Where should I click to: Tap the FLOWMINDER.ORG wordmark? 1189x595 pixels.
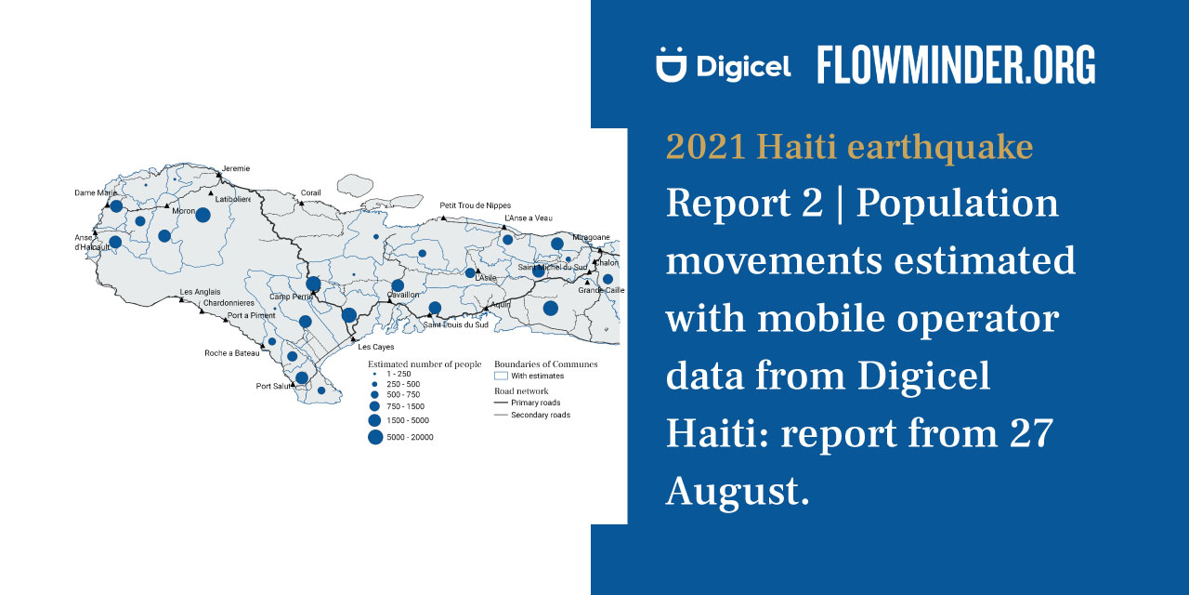tap(956, 66)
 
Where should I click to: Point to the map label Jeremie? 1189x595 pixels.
tap(235, 168)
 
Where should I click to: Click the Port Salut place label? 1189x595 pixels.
tap(274, 386)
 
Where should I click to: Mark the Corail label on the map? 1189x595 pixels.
tap(310, 193)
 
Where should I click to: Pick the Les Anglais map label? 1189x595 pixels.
tap(200, 292)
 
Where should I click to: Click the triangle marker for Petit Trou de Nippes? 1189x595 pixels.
tap(443, 217)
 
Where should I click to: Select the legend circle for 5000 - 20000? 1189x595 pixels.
tap(375, 437)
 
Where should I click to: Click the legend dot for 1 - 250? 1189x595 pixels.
tap(374, 373)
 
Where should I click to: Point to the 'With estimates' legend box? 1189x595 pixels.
tap(501, 376)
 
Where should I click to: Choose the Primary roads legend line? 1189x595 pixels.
tap(501, 403)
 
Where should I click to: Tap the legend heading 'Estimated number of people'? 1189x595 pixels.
tap(425, 364)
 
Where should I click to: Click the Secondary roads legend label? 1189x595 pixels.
tap(541, 415)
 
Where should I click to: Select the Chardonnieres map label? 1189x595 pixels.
tap(229, 303)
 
